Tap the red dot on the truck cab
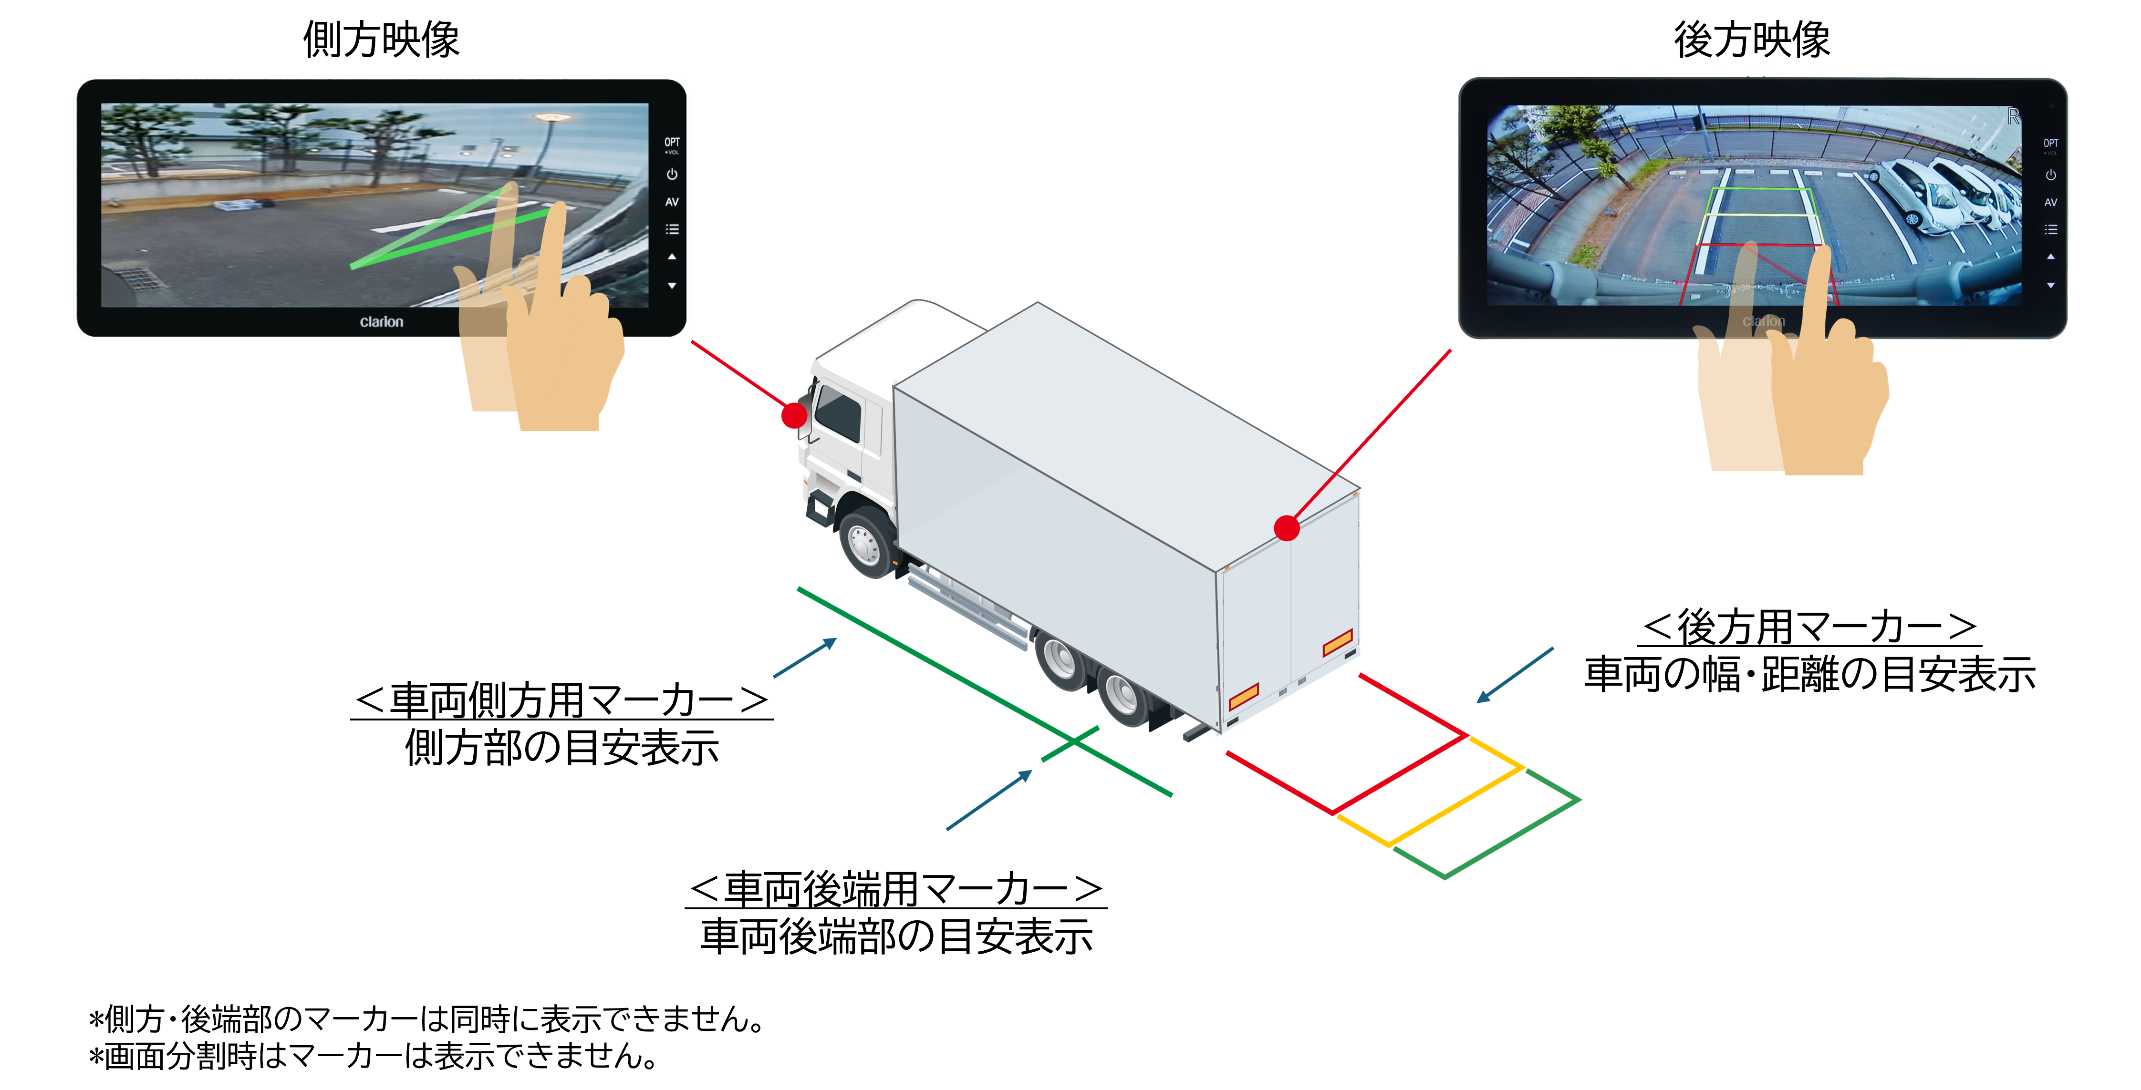795,414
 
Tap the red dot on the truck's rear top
1287,527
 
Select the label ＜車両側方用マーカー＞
562,699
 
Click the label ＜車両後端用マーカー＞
896,888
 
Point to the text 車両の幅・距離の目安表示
1809,674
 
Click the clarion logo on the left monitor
382,321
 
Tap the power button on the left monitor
672,175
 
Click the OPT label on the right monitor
2050,144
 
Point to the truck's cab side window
838,413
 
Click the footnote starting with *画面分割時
374,1056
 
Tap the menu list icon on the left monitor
672,229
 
